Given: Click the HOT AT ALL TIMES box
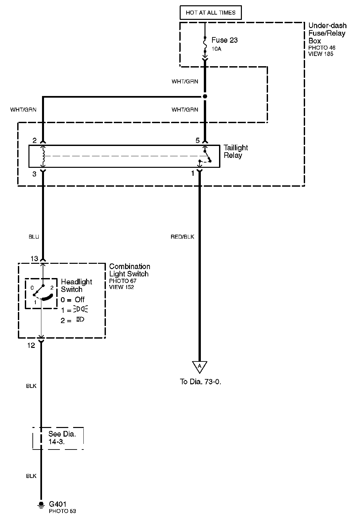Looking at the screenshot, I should (x=210, y=13).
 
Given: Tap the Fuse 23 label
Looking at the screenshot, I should (x=224, y=40).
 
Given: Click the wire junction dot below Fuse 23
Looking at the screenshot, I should (x=205, y=96).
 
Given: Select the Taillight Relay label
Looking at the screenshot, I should (x=236, y=151).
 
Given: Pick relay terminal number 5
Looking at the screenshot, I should (x=198, y=140).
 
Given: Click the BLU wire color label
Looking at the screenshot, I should (x=34, y=237).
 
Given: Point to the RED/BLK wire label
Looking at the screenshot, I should (x=182, y=237).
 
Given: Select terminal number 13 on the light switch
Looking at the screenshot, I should (x=34, y=259).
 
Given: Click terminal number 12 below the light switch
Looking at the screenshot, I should (x=31, y=345).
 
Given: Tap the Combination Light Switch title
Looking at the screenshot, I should (x=129, y=270).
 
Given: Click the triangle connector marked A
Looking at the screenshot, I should (x=200, y=366).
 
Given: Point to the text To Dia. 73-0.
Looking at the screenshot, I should (x=201, y=381).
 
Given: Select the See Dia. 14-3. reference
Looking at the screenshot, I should (x=62, y=438).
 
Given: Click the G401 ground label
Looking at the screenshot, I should (x=58, y=504).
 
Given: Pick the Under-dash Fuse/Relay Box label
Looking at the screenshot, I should (x=327, y=33).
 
